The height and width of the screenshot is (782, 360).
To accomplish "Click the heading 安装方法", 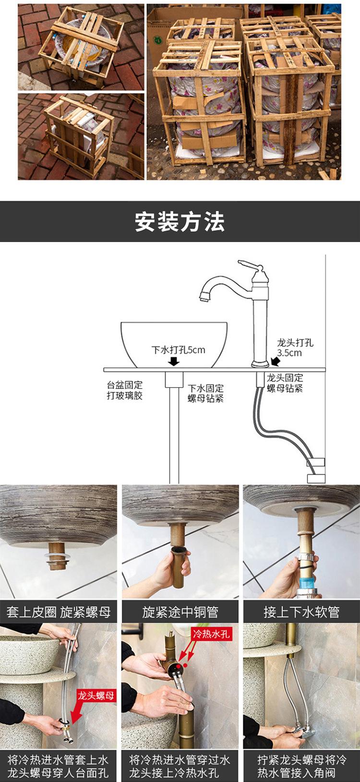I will pos(180,222).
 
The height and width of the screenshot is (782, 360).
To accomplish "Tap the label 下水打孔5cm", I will pos(178,350).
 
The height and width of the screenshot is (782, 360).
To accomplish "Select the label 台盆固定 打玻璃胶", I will pos(125,390).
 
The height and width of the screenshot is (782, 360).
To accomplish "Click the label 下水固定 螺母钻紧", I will pos(205,393).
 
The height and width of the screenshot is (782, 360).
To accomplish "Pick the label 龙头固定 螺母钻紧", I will pos(285,383).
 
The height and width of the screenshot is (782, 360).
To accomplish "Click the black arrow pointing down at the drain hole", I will pos(174,361).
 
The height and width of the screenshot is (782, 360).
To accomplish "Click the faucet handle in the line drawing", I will pos(250,265).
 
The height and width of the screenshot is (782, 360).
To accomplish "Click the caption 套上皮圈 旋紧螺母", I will pos(59,612).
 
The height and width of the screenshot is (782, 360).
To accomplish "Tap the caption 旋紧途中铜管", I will pos(180,612).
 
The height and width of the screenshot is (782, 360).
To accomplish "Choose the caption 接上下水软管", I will pos(301,612).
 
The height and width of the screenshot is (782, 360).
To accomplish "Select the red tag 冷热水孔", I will pos(211,634).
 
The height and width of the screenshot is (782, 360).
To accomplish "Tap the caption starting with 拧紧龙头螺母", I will pos(301,766).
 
